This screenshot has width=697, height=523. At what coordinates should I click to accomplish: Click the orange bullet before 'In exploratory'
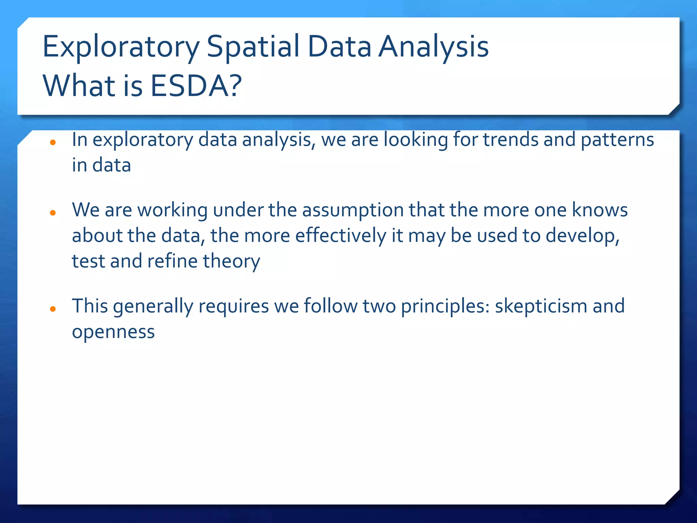tap(53, 142)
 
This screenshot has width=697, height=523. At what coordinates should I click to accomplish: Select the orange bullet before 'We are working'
tap(53, 213)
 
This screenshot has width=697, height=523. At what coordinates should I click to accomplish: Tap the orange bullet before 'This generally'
tap(53, 309)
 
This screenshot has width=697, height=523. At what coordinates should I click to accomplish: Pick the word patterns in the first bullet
tap(617, 140)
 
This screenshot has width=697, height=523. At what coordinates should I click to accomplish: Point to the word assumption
tap(353, 210)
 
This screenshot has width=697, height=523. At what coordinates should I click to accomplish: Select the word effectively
tap(340, 236)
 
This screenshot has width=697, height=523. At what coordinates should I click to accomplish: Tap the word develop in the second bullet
tap(582, 236)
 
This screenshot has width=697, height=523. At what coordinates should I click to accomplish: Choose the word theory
tap(231, 261)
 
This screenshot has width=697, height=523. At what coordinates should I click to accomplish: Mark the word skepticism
tap(541, 306)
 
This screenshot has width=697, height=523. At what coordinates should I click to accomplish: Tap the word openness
tap(113, 332)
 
